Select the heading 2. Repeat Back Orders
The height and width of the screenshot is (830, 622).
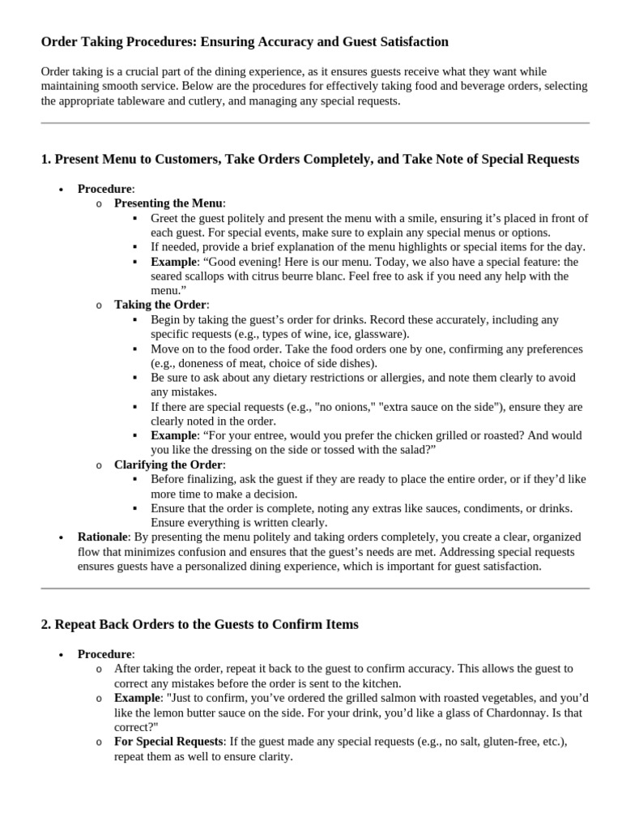(199, 624)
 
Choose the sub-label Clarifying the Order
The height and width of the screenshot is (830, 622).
(168, 464)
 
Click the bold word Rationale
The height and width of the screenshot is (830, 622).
(103, 537)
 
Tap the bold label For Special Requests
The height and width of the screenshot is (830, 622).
(168, 742)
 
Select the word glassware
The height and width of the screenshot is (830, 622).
(381, 334)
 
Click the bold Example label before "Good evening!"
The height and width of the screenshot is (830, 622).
(173, 262)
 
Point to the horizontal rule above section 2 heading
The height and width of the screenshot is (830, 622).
(315, 588)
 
